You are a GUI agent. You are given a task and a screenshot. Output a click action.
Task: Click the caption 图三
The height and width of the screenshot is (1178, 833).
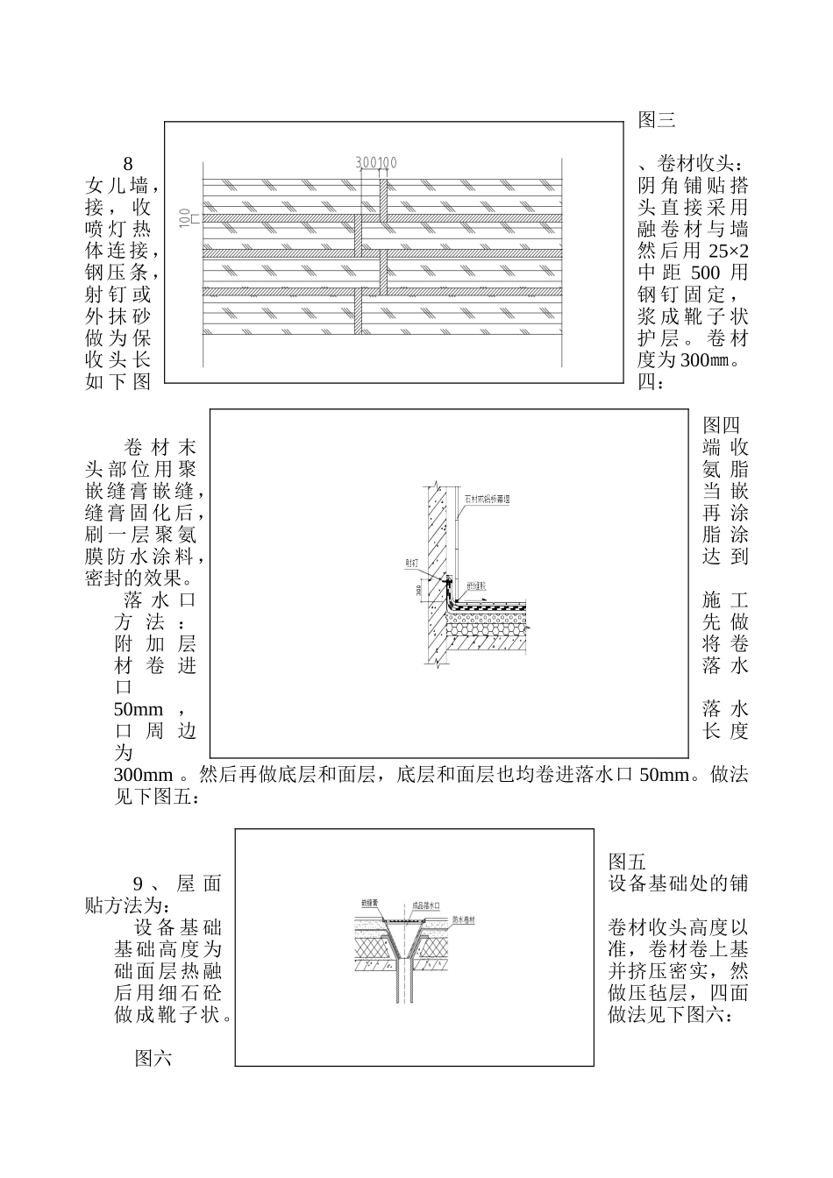click(x=656, y=120)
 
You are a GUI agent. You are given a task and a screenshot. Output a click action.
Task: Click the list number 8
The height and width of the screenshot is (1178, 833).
click(x=128, y=164)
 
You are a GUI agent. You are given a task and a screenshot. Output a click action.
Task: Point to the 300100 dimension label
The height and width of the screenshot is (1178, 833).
click(x=376, y=162)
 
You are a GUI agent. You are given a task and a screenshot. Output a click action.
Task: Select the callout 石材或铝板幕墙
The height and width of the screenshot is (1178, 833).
click(x=487, y=500)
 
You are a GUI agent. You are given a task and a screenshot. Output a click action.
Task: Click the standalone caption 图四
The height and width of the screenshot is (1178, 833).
click(x=722, y=426)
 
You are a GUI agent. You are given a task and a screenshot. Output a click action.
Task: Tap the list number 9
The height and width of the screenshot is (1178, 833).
click(x=138, y=883)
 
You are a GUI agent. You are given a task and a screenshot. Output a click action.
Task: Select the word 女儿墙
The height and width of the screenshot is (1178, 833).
click(x=118, y=186)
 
